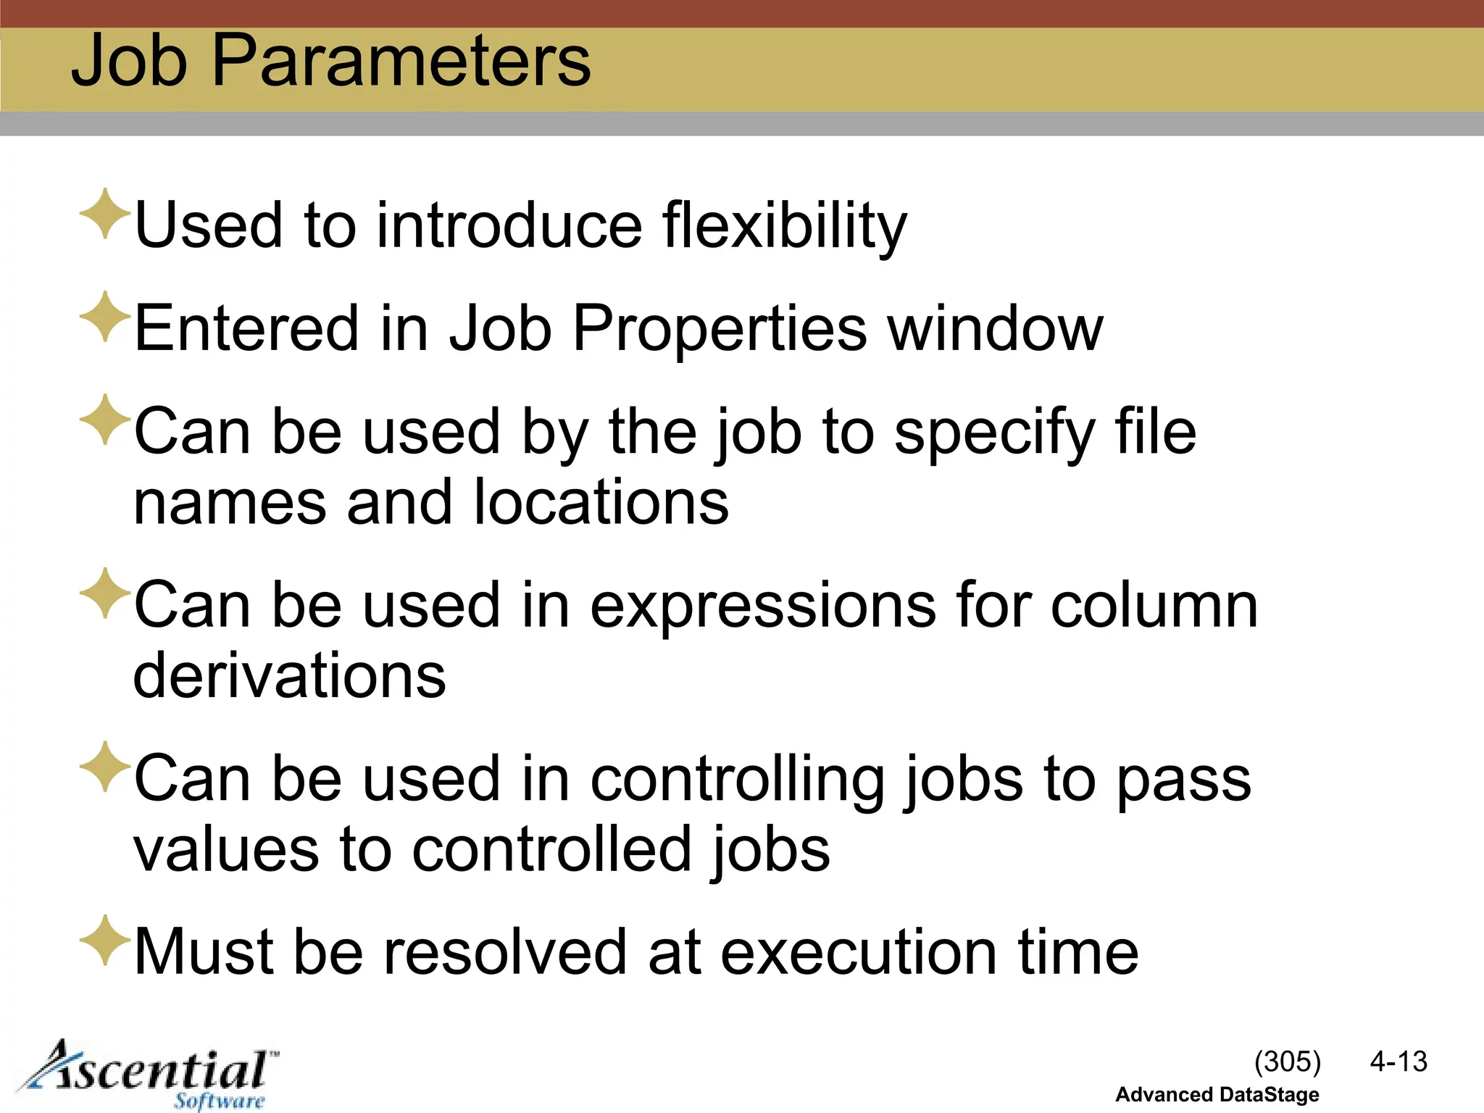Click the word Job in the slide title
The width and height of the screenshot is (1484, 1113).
pyautogui.click(x=130, y=61)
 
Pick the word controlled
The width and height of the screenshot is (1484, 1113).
pyautogui.click(x=551, y=850)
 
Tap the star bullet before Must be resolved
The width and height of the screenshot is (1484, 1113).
pyautogui.click(x=105, y=940)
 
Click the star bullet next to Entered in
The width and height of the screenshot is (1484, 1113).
pyautogui.click(x=105, y=317)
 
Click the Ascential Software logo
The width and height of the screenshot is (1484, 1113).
pyautogui.click(x=149, y=1075)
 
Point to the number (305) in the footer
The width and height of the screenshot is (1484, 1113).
pyautogui.click(x=1287, y=1062)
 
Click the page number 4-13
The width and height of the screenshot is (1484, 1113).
pyautogui.click(x=1398, y=1062)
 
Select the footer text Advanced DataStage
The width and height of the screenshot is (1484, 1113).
pyautogui.click(x=1217, y=1095)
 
